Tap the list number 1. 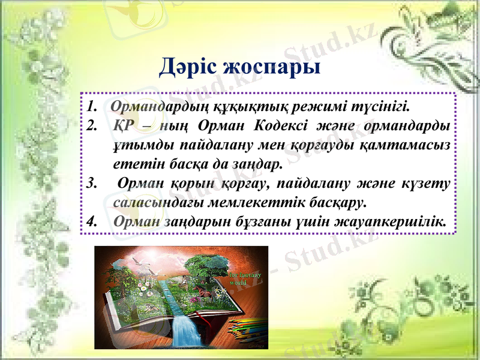pyautogui.click(x=91, y=108)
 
